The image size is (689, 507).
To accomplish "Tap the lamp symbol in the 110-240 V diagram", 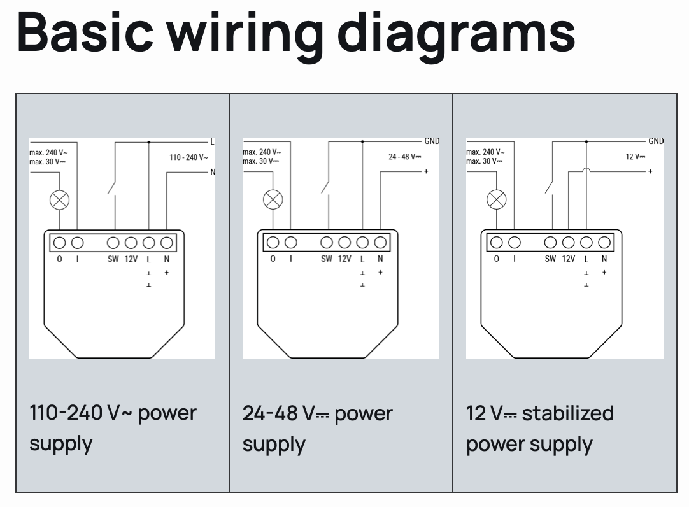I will click(x=60, y=201).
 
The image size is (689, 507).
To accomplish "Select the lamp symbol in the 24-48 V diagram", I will click(x=273, y=200).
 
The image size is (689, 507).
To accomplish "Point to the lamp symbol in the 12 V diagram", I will click(x=497, y=200).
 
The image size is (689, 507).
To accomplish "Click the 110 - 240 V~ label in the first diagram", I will click(x=188, y=157).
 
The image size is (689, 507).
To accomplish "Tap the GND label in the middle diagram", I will click(x=431, y=141).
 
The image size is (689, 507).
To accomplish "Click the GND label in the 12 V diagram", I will click(x=655, y=141).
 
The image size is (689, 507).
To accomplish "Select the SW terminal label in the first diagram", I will click(x=113, y=259).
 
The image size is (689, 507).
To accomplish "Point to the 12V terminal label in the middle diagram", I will click(x=344, y=259).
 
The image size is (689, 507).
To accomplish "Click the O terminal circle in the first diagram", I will click(x=60, y=243).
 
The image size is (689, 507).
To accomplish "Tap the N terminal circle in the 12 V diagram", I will click(x=604, y=243).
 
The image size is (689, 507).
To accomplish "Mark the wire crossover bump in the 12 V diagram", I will click(x=586, y=170).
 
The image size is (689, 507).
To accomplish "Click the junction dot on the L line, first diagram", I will click(x=148, y=141).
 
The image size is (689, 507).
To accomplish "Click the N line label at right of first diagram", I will click(x=213, y=172).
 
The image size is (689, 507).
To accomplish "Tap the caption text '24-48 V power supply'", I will click(x=317, y=428).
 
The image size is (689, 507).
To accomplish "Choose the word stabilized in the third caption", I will click(x=567, y=413).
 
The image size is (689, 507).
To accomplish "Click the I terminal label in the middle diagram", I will click(x=291, y=259).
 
